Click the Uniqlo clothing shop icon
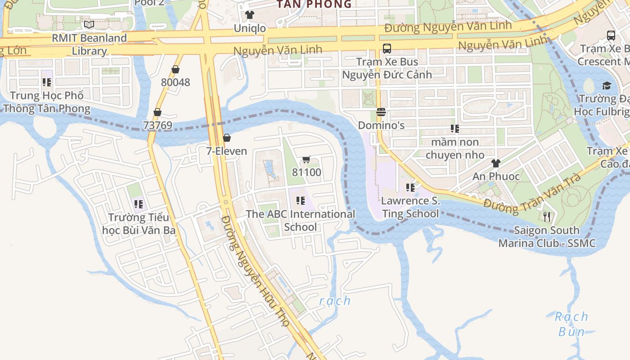250,15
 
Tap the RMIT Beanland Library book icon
89,24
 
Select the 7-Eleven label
227,151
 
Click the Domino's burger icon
381,112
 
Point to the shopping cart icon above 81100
306,159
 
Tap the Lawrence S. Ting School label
410,207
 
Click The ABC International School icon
300,201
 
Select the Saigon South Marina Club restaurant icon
547,217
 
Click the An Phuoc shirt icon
495,163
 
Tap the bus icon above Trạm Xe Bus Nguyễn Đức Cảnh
387,49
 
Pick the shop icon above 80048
175,69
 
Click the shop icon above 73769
157,112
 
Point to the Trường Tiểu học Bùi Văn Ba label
139,224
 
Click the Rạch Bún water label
571,324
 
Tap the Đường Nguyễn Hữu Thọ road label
256,277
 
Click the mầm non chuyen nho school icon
455,129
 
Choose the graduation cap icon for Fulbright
607,85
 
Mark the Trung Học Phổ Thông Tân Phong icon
46,82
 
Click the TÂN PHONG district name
314,4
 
